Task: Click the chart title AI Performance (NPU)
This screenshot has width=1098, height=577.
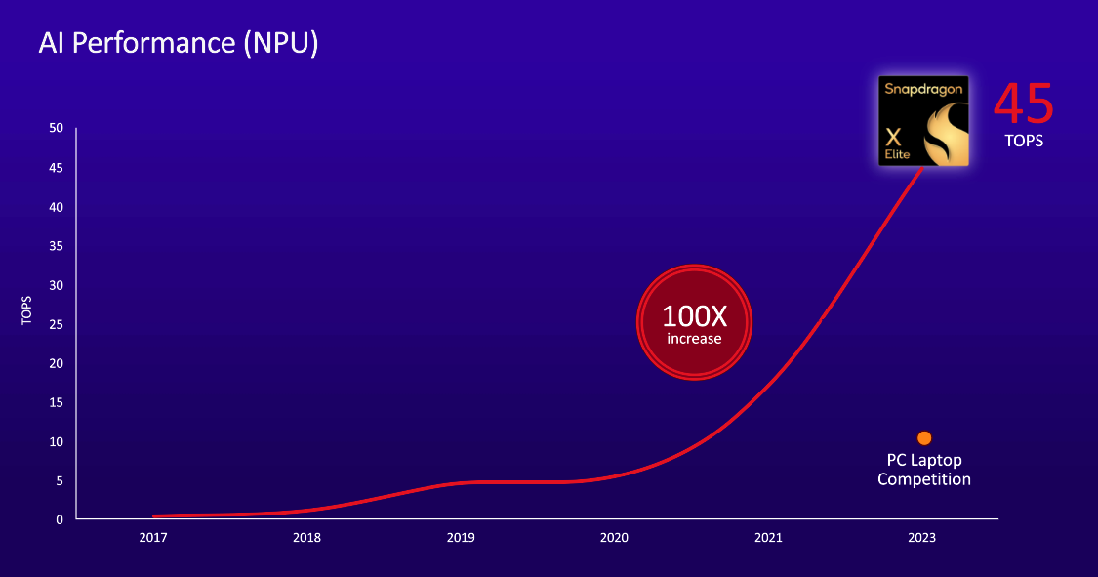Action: (178, 43)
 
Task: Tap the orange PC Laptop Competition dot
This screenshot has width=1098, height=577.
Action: (924, 438)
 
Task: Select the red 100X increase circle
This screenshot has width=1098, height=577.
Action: (694, 321)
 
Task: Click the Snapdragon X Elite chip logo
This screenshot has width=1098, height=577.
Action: (923, 121)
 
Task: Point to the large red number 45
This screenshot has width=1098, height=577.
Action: (1024, 104)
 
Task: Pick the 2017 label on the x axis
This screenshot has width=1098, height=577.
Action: (152, 538)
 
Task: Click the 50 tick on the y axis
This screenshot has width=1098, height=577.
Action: (57, 129)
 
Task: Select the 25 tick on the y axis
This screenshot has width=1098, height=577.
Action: (57, 324)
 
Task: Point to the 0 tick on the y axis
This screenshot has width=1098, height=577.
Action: (60, 519)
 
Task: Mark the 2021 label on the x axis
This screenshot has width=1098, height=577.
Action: (768, 538)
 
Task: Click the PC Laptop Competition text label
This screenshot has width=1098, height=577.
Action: (924, 470)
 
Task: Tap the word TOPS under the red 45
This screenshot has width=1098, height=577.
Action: (1024, 141)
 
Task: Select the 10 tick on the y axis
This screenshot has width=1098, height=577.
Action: (57, 441)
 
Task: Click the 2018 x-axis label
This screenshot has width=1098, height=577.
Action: (306, 538)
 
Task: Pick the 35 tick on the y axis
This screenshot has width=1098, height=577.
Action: (57, 246)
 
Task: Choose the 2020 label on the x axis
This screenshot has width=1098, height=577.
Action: (614, 538)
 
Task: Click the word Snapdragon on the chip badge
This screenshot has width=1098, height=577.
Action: (923, 89)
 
